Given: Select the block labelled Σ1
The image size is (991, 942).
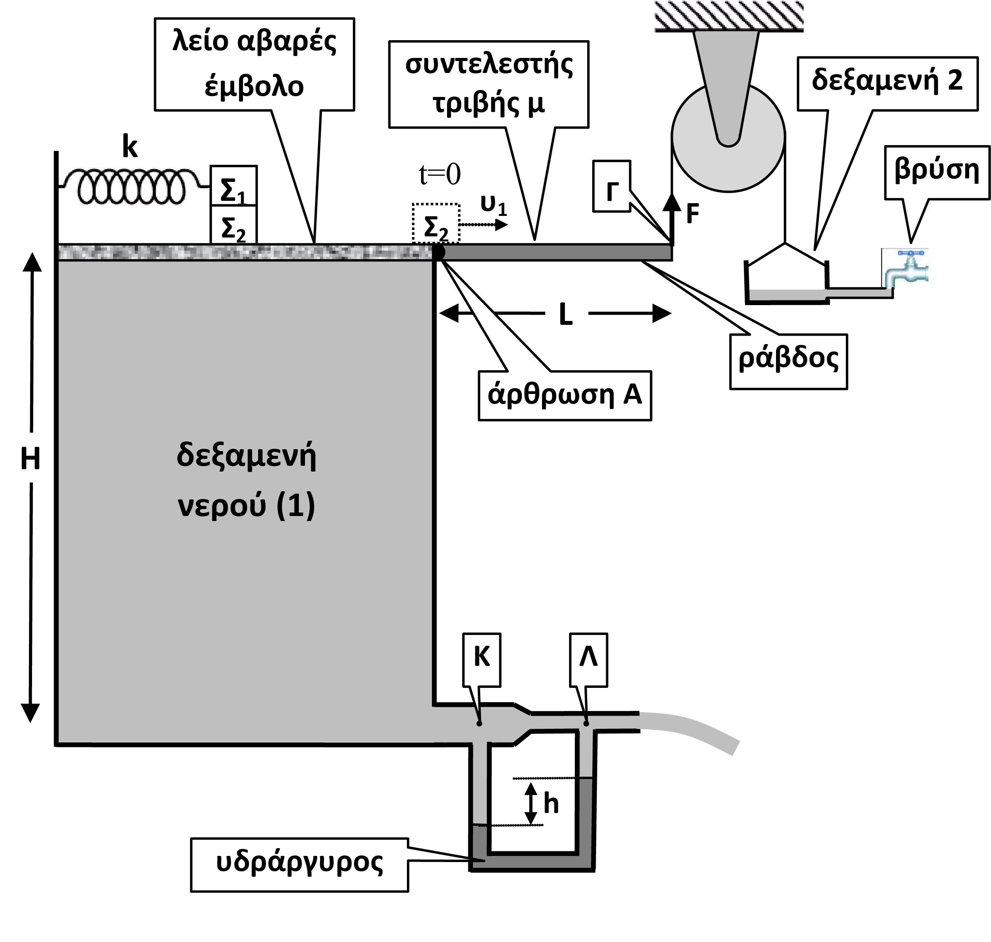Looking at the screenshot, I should coord(234,186).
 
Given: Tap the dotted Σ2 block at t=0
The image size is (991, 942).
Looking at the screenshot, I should coord(436,224).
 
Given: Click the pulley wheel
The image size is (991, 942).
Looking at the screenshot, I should coord(728,138).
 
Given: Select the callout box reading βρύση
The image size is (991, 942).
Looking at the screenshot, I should coord(937,172).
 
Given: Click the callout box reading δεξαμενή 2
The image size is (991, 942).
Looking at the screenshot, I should coord(888,83).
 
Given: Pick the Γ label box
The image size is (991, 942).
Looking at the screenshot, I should coord(612,186).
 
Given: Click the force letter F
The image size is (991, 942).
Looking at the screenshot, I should coord(693,214).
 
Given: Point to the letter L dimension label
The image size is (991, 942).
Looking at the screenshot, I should coord(566,315).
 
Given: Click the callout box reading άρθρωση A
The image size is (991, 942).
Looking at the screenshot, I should coord(565,395).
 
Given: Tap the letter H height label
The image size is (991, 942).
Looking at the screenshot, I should coord(30,458).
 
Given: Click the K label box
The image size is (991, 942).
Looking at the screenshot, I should coord(482,659).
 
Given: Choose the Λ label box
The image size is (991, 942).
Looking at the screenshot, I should coord(588,659).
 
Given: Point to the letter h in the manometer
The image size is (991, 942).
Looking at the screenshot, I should coord(551,804).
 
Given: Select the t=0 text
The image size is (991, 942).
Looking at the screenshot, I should coord(440,174).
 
